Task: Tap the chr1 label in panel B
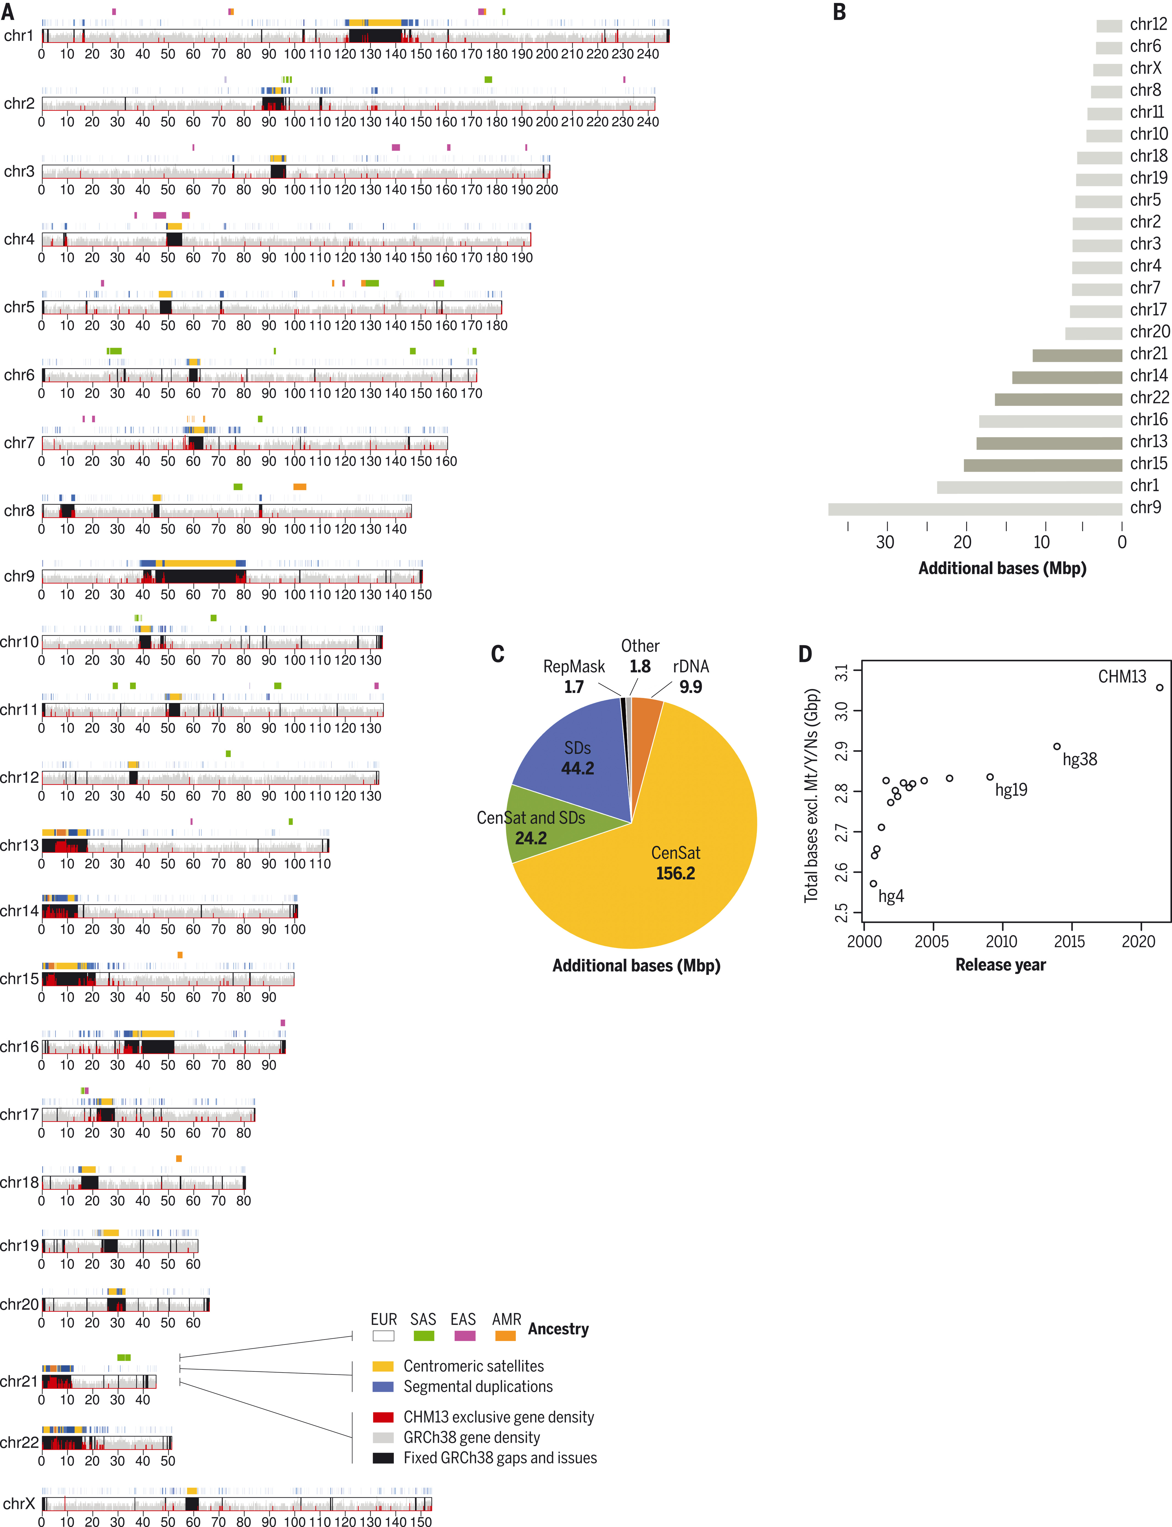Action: (x=1144, y=485)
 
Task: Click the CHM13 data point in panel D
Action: (x=1159, y=687)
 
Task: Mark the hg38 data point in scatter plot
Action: (x=1057, y=746)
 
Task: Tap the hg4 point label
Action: (x=891, y=896)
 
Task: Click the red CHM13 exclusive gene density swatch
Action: (x=383, y=1417)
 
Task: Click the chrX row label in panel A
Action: (x=19, y=1503)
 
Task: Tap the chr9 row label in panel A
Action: (x=19, y=576)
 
